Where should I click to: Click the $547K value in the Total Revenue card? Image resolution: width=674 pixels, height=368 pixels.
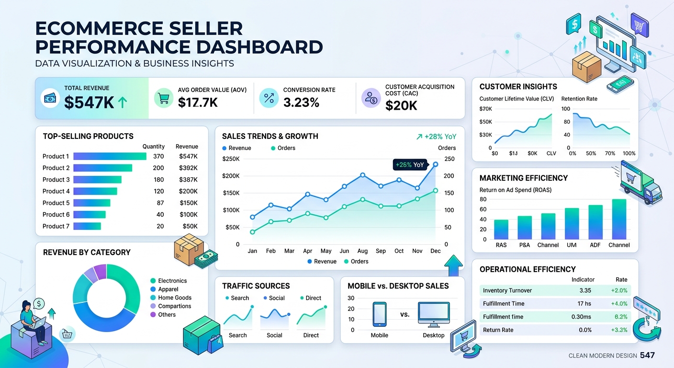tap(89, 102)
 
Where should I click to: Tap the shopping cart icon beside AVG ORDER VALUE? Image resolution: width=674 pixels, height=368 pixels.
tap(164, 98)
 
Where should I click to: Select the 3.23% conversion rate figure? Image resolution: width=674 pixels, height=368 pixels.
tap(301, 102)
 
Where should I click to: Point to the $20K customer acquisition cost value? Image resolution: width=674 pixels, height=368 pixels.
tap(401, 105)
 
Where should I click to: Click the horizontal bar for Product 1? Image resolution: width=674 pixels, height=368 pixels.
tap(110, 156)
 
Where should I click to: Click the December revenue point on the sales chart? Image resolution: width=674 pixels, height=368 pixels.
tap(436, 164)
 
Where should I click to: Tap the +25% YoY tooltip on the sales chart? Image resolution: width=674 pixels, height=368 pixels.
tap(409, 165)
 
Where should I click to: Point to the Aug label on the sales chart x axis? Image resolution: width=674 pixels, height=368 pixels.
tap(362, 251)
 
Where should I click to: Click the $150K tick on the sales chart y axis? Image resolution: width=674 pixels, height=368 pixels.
tap(231, 193)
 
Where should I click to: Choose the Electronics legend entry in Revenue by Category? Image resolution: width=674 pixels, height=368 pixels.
tap(172, 281)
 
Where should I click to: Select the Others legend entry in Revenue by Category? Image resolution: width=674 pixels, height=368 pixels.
tap(167, 315)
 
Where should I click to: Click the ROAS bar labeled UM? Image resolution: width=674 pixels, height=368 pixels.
tap(572, 224)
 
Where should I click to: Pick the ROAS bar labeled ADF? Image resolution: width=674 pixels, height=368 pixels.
tap(595, 222)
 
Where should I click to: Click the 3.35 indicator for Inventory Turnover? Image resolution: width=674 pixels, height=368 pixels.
tap(584, 290)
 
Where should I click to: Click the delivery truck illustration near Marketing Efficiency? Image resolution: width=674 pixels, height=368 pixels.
tap(642, 183)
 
